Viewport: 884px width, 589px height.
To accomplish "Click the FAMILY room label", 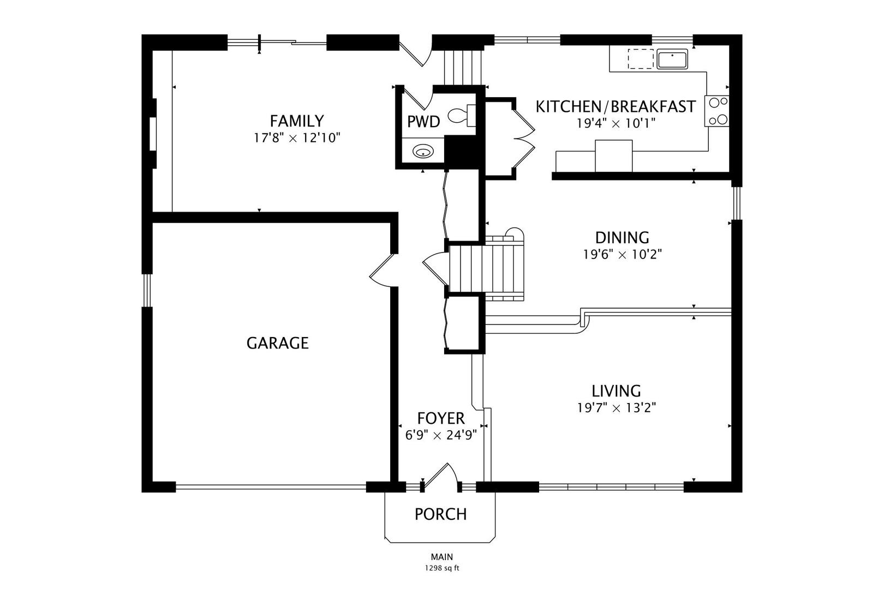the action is (297, 121).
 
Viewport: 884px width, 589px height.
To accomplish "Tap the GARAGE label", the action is (277, 343).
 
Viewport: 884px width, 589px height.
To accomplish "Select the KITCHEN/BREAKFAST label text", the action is (615, 106).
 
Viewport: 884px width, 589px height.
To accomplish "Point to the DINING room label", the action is (622, 237).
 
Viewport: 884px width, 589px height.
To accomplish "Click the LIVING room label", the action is (616, 391).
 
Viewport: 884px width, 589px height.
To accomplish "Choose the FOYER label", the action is (441, 418).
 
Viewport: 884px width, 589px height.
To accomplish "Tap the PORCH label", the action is (441, 514).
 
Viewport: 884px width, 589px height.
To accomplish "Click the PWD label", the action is (423, 122).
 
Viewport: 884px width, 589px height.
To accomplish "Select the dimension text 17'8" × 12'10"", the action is (297, 138).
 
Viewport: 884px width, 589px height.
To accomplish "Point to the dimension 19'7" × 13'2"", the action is (617, 407).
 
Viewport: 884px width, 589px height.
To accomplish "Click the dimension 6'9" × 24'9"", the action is (441, 435).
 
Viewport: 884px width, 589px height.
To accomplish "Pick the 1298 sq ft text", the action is (442, 568).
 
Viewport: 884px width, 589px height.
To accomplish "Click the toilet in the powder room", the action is (462, 116).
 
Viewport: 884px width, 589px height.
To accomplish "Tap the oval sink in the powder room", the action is (423, 151).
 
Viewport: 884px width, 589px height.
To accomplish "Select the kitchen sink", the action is (672, 59).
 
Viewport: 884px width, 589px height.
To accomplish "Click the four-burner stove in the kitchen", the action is (716, 111).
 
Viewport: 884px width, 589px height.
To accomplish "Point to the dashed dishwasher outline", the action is (641, 59).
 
